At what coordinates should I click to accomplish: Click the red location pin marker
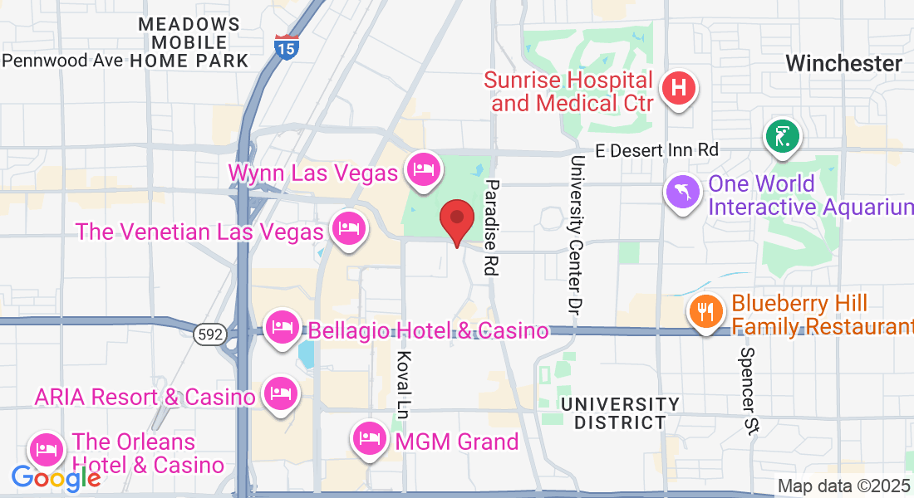pyautogui.click(x=456, y=219)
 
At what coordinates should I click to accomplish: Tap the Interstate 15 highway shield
pyautogui.click(x=284, y=46)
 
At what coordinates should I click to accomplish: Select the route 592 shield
pyautogui.click(x=208, y=334)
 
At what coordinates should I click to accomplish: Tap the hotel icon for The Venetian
pyautogui.click(x=348, y=228)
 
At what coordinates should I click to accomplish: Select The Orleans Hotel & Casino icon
pyautogui.click(x=47, y=449)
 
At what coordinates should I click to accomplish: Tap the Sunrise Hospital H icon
pyautogui.click(x=679, y=86)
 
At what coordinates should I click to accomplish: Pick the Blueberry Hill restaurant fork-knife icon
pyautogui.click(x=706, y=312)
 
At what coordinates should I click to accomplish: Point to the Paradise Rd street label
pyautogui.click(x=492, y=228)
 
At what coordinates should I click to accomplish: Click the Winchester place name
pyautogui.click(x=843, y=64)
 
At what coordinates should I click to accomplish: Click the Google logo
pyautogui.click(x=56, y=477)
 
